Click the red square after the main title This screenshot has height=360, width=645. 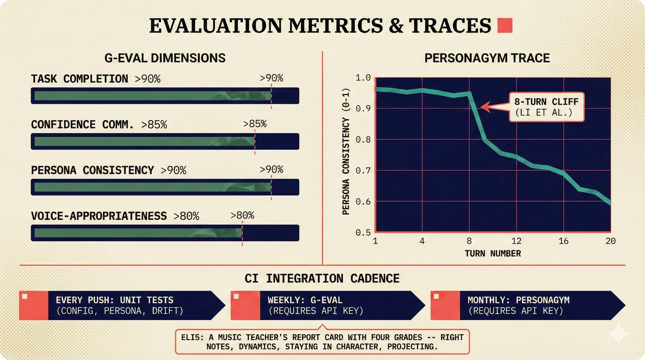[x=505, y=25]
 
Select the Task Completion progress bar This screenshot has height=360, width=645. [x=164, y=96]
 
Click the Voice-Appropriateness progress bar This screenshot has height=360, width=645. [x=164, y=233]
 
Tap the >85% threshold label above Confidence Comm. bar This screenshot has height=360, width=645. [x=255, y=124]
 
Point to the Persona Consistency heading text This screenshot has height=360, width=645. [x=92, y=170]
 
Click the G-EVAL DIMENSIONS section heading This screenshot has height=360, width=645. [x=165, y=58]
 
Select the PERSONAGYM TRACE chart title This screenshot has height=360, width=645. [x=487, y=58]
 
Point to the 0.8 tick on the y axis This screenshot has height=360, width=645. [x=363, y=139]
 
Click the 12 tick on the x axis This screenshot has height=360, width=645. [x=516, y=241]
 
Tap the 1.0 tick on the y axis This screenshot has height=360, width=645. [x=363, y=77]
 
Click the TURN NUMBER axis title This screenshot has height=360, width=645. [x=493, y=254]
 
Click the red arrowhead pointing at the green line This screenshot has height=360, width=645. [x=485, y=107]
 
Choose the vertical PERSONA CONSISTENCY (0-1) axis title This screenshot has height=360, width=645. [x=346, y=152]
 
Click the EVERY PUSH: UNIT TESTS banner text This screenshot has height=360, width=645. [x=115, y=300]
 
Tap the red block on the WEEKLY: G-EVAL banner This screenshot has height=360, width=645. [x=245, y=306]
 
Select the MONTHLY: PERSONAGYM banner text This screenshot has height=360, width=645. [x=518, y=300]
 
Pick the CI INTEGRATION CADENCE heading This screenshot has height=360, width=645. [x=322, y=279]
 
